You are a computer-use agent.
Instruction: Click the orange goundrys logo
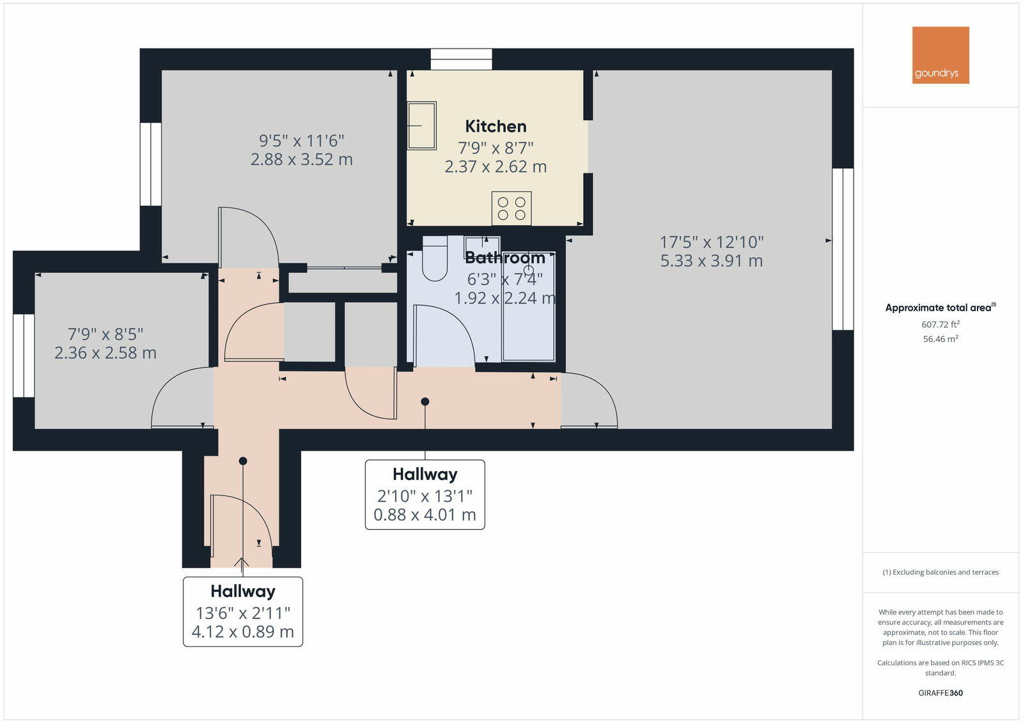point(940,55)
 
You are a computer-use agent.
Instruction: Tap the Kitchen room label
point(496,126)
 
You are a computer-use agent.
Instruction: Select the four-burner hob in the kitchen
point(511,208)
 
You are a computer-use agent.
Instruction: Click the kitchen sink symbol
point(421,125)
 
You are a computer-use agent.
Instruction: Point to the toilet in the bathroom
point(435,259)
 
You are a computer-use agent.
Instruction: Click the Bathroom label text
point(504,258)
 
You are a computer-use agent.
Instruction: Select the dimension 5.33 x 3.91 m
point(711,261)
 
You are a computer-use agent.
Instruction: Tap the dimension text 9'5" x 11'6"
point(301,140)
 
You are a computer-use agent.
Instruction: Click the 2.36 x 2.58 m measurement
point(105,353)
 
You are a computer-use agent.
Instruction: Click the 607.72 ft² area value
point(940,325)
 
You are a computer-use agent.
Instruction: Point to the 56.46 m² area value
point(940,339)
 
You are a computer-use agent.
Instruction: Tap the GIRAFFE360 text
point(940,693)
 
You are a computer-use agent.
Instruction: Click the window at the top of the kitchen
point(461,59)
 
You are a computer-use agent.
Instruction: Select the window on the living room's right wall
point(843,249)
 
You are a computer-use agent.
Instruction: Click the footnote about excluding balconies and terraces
point(940,572)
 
